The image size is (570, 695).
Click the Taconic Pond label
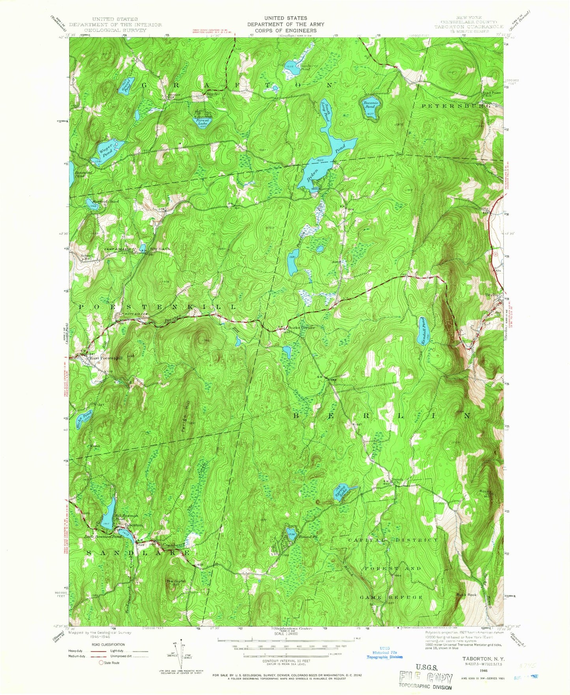pos(370,104)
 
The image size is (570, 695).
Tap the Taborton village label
pos(133,526)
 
